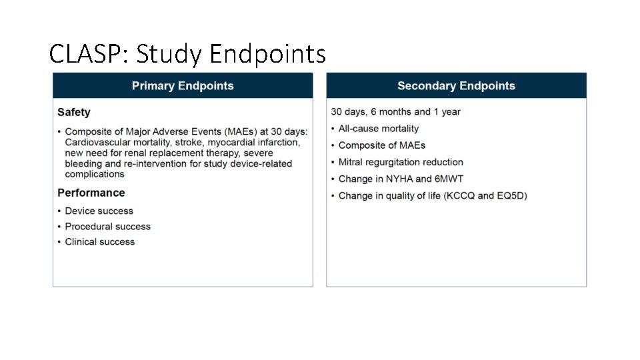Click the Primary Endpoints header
183,86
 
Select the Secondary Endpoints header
456,86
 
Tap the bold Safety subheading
74,113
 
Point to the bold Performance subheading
91,193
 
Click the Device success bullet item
99,211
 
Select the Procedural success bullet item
107,227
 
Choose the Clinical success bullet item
99,242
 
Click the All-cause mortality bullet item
378,129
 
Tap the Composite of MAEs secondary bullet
381,145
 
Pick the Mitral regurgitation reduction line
400,162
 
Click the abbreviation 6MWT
449,179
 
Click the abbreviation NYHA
399,179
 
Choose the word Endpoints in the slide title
267,53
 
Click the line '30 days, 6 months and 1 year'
395,112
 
